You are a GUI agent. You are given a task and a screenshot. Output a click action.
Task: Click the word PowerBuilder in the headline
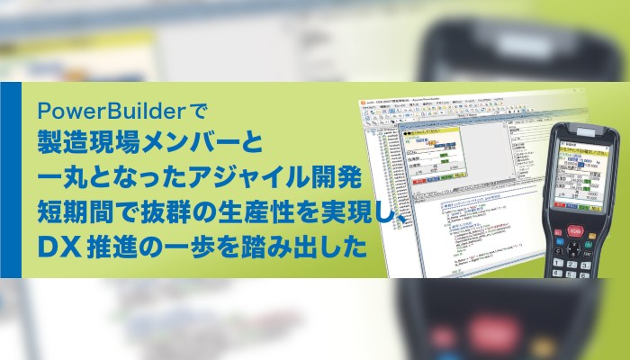point(97,112)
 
